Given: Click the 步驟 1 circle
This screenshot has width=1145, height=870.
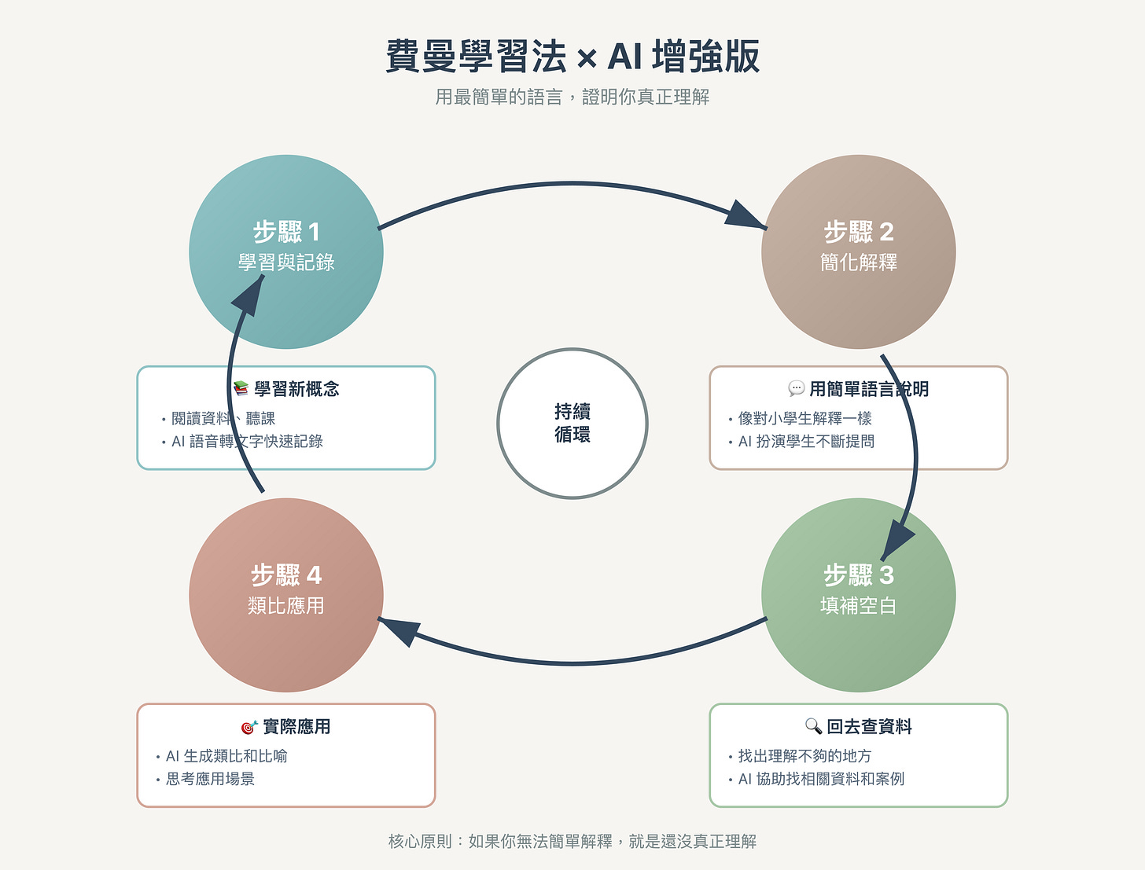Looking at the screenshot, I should click(x=286, y=251).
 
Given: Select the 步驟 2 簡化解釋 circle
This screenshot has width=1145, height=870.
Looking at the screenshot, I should click(x=859, y=251).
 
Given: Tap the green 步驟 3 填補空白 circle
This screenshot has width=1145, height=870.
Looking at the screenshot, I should click(x=859, y=595).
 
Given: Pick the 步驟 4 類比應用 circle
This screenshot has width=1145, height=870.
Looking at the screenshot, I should click(x=286, y=595).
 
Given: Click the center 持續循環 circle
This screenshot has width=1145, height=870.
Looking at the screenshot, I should click(x=572, y=423).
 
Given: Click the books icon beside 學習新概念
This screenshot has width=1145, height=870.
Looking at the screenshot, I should click(x=241, y=388).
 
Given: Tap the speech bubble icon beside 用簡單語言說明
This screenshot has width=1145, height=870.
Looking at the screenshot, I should click(x=796, y=388).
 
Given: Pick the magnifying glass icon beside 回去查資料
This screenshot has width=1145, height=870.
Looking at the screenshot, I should click(x=813, y=726).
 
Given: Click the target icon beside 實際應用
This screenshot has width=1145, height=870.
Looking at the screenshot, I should click(x=249, y=727).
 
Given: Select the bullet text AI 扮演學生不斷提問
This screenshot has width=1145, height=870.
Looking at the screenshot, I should click(x=806, y=442).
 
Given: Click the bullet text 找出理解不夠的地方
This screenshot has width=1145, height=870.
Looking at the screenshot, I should click(x=804, y=756).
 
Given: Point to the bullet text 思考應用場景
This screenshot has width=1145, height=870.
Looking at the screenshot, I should click(x=210, y=779).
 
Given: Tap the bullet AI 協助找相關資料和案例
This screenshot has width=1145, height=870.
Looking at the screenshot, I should click(x=821, y=779).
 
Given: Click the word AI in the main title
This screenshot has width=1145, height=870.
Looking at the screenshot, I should click(x=624, y=57).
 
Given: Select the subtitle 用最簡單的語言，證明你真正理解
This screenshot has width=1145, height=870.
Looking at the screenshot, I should click(x=572, y=97).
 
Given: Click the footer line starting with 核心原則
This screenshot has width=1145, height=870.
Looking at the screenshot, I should click(x=572, y=842).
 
